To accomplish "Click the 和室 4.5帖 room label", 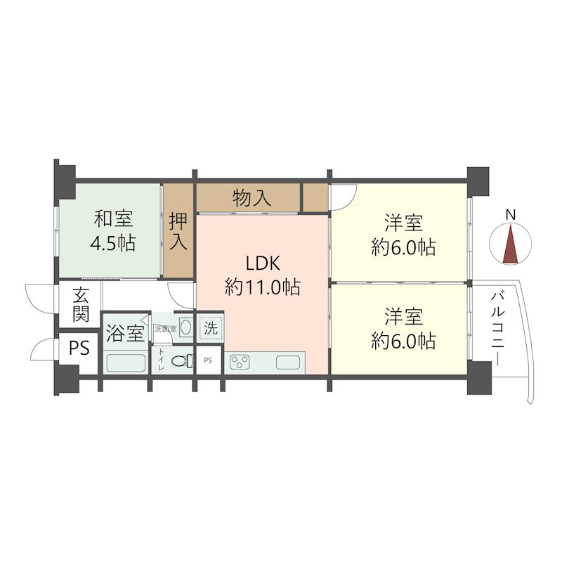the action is [113, 231].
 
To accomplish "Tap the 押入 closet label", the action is [178, 230].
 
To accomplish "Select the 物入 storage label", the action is [251, 198].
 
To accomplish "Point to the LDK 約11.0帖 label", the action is [262, 275].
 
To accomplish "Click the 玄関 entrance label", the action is [81, 305].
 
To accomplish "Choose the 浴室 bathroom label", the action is [126, 333].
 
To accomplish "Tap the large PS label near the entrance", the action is [79, 348].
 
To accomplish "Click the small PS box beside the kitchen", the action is [208, 360].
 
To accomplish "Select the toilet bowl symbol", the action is [183, 360].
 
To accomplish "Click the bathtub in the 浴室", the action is [126, 363].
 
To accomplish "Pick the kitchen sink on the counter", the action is [288, 362].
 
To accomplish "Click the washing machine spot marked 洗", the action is [211, 327].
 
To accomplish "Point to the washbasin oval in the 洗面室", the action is [185, 327].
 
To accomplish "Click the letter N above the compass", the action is [511, 215].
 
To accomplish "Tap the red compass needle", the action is [511, 244].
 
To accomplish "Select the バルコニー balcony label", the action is [498, 329].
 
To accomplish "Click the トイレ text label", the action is [162, 360].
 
